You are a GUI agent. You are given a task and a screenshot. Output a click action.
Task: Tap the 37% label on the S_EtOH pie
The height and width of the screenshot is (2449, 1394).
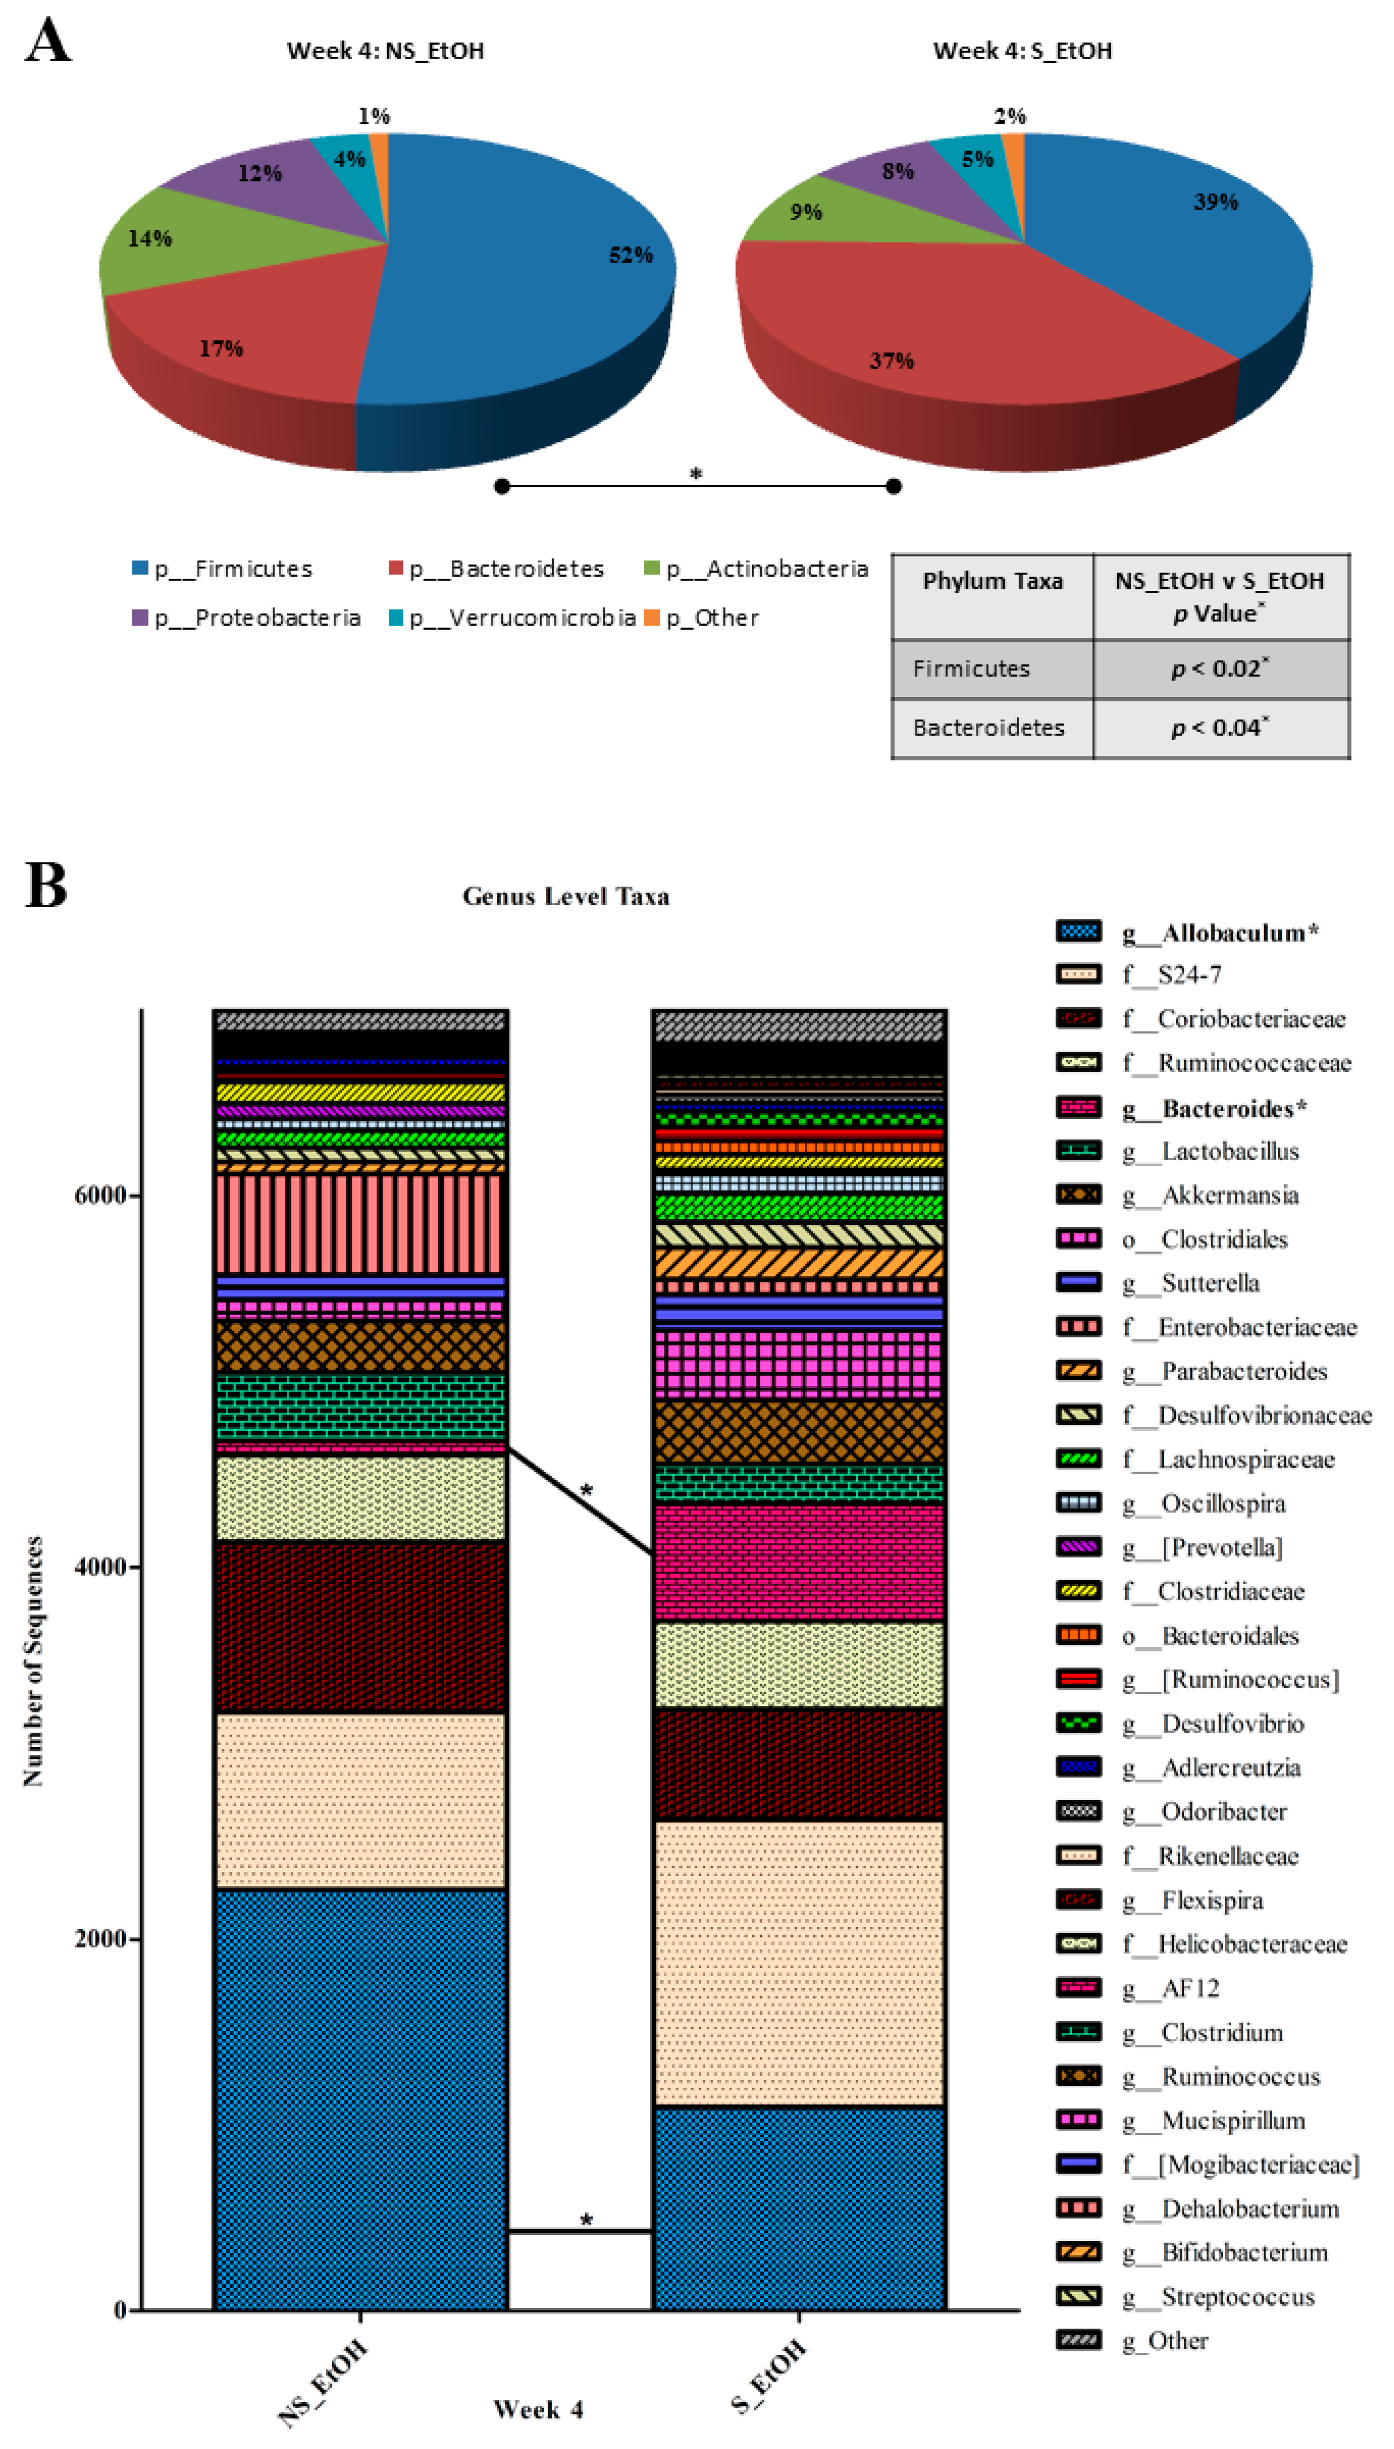pyautogui.click(x=892, y=361)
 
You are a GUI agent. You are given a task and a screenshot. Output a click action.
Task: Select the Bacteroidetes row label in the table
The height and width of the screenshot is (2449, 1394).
pyautogui.click(x=988, y=728)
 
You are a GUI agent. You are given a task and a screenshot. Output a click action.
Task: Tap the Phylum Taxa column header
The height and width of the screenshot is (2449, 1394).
pyautogui.click(x=992, y=581)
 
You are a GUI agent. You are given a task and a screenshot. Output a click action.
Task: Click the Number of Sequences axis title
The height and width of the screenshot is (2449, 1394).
pyautogui.click(x=34, y=1660)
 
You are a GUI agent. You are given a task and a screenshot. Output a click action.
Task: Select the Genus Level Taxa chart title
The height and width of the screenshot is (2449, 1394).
pyautogui.click(x=566, y=897)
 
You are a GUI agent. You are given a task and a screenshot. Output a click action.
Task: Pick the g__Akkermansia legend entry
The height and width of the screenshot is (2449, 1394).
pyautogui.click(x=1229, y=1195)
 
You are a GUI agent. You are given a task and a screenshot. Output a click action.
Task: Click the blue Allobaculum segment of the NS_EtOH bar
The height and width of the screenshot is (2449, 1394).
pyautogui.click(x=360, y=2101)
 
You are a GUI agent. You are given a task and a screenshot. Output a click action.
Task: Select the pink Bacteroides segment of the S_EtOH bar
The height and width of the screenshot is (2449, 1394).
pyautogui.click(x=798, y=1563)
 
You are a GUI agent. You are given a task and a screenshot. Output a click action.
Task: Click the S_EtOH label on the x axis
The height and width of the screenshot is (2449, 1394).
pyautogui.click(x=769, y=2375)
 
